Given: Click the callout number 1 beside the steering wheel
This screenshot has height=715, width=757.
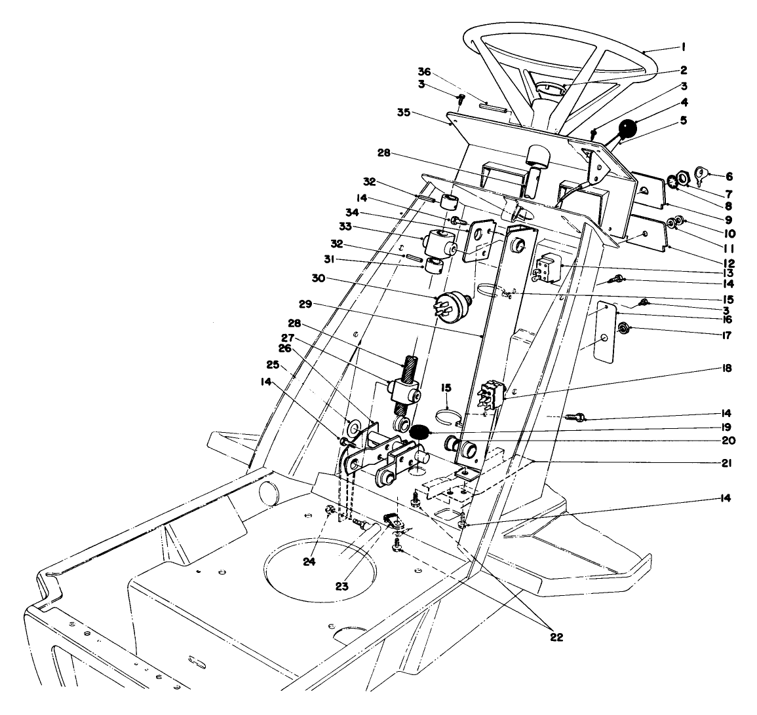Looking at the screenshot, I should click(x=683, y=46).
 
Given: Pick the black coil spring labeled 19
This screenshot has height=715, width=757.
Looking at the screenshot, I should click(x=418, y=432).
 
